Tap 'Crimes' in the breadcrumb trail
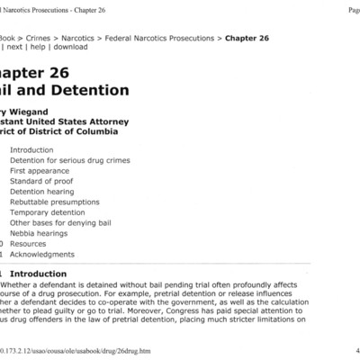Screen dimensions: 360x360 pos(35,39)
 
